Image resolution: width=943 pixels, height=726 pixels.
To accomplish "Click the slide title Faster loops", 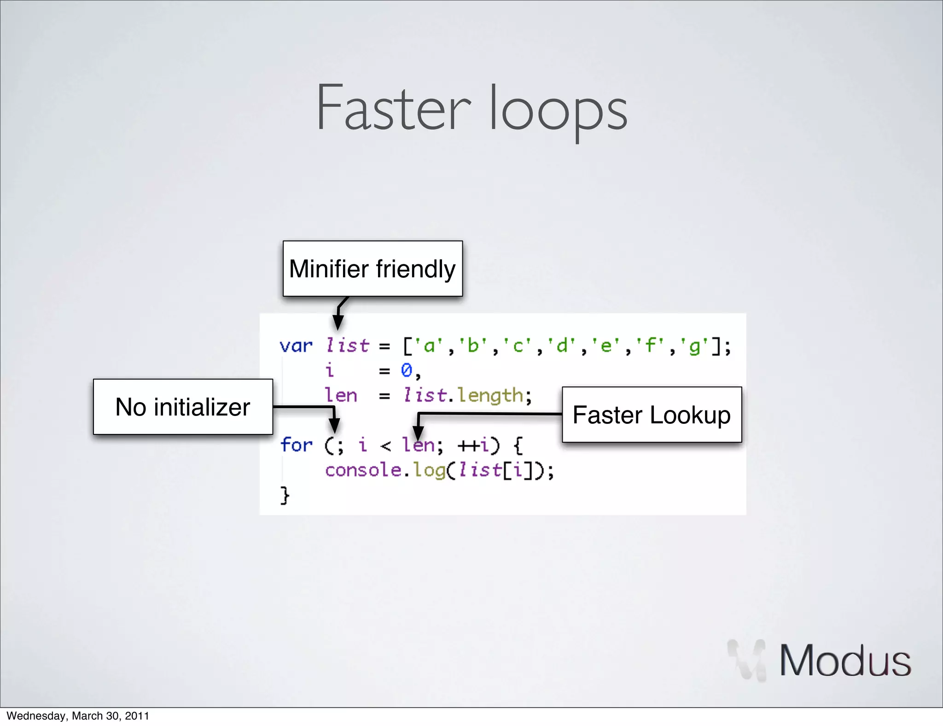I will [471, 109].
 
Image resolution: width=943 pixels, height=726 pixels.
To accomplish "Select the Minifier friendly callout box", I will [373, 269].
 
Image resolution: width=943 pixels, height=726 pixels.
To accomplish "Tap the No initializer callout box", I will [183, 407].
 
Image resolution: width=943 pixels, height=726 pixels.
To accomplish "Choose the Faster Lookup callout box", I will [652, 415].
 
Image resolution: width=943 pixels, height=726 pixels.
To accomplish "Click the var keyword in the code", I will [296, 345].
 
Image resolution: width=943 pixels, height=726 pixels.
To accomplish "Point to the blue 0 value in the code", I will [406, 370].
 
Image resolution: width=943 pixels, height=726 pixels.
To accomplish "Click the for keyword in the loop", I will [296, 445].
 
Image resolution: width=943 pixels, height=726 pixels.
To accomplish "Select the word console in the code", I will [363, 470].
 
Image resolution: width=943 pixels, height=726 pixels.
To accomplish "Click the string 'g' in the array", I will [694, 345].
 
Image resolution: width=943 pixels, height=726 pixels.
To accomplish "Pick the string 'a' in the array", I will [429, 345].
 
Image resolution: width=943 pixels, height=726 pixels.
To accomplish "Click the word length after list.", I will [490, 396].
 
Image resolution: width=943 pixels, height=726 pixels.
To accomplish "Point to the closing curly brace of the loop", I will [285, 496].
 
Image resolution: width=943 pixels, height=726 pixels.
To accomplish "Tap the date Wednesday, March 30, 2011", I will [78, 716].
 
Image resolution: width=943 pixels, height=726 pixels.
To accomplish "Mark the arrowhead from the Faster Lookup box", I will [418, 433].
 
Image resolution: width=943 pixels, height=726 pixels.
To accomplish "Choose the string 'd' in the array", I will [562, 345].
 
